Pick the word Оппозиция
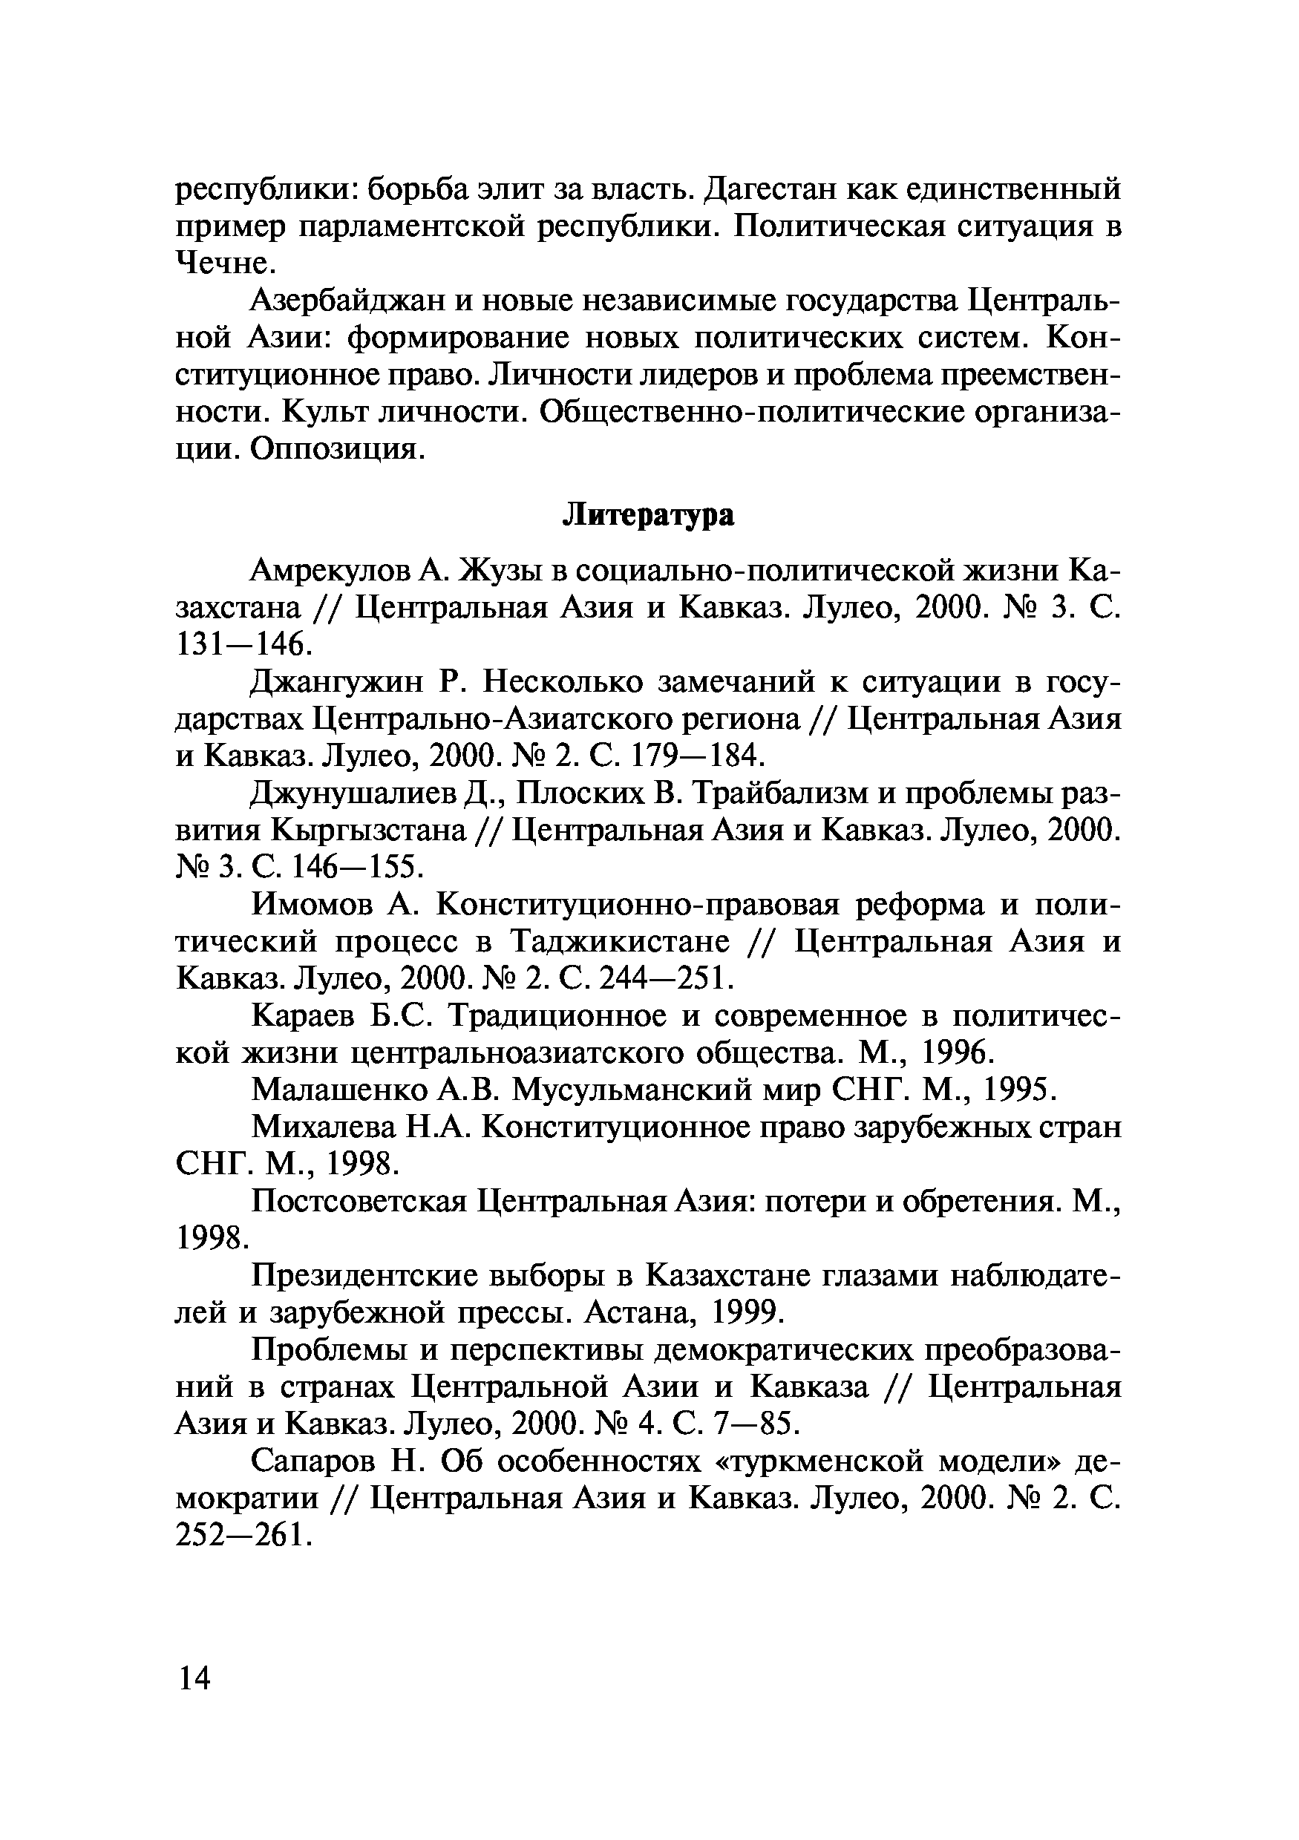tap(336, 449)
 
